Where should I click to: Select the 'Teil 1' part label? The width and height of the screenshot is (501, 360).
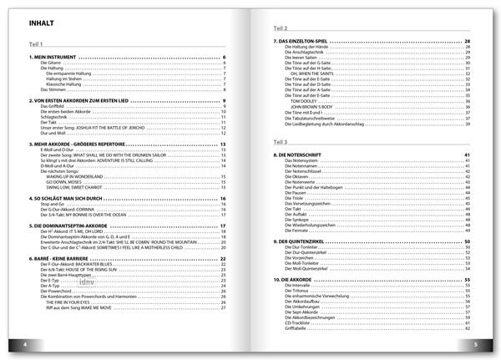36,44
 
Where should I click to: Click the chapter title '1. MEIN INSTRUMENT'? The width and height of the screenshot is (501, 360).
56,57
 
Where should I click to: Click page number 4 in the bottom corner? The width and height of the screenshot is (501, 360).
26,344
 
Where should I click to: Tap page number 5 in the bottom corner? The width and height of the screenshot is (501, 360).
474,344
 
